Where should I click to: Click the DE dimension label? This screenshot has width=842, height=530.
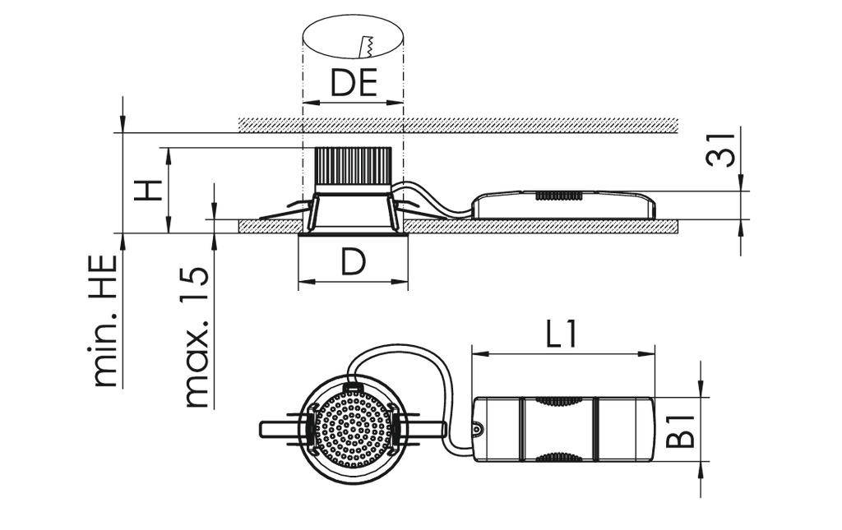[x=354, y=83]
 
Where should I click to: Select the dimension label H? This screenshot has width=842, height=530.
[x=147, y=191]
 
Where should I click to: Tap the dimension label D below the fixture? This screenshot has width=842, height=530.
[x=353, y=262]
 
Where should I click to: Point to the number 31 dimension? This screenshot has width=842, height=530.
[x=721, y=148]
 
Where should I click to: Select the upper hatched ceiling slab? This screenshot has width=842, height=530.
[x=458, y=125]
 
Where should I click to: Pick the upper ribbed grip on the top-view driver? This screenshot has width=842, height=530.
[x=557, y=402]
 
